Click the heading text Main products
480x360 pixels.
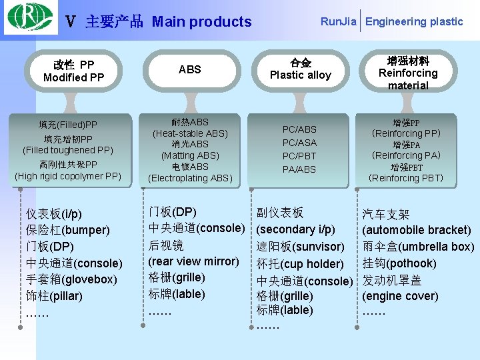coord(201,22)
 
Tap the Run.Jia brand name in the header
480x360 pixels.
coord(338,21)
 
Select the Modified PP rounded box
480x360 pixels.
coord(73,71)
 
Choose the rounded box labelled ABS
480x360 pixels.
coord(189,69)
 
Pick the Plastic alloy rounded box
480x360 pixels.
coord(300,69)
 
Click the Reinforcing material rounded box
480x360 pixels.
coord(408,73)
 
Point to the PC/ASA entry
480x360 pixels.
coord(299,143)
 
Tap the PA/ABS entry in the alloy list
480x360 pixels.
coord(299,169)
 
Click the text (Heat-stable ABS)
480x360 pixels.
coord(189,133)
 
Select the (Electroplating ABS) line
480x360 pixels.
coord(189,178)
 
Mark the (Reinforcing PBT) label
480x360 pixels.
coord(405,178)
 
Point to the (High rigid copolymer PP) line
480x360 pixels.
coord(68,177)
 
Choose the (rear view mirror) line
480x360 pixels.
coord(193,261)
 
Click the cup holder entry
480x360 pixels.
coord(312,264)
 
